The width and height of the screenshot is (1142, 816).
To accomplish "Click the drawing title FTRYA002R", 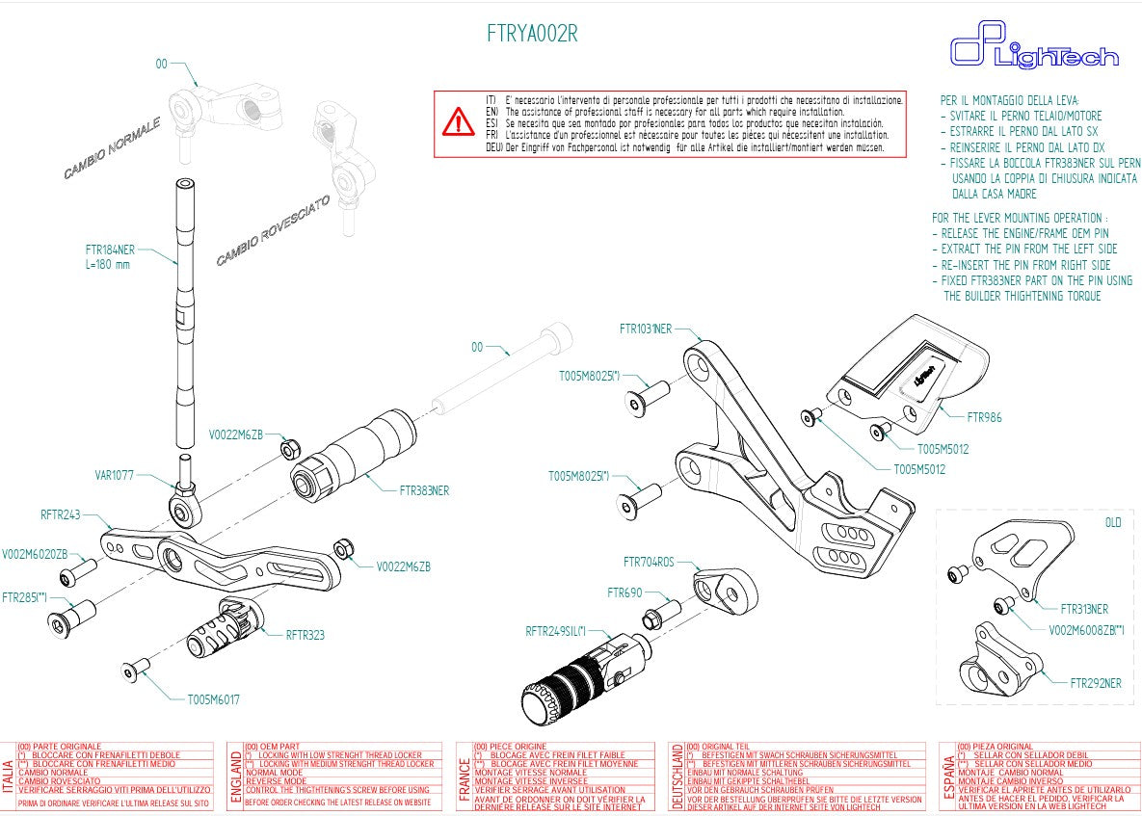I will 533,34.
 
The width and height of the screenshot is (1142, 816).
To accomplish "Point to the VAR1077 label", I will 115,475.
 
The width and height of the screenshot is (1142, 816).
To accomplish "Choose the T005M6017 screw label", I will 213,699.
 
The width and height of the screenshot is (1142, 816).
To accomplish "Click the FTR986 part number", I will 984,418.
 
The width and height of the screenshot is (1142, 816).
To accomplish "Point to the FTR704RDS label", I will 649,562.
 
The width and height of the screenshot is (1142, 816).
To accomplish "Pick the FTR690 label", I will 624,593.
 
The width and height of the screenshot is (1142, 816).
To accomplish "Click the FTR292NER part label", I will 1096,683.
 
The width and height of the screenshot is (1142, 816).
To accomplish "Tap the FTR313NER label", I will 1084,609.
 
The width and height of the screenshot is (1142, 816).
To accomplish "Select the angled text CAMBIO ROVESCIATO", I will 274,231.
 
